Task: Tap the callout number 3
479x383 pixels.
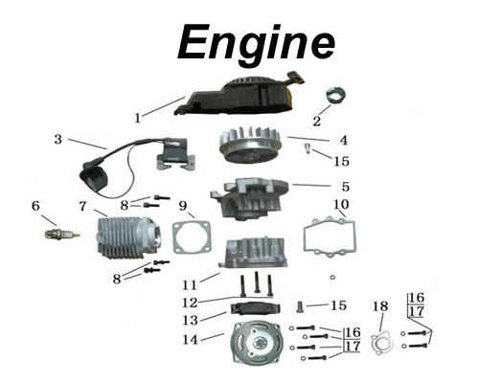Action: pos(58,140)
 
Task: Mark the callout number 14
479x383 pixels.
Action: pos(193,339)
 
